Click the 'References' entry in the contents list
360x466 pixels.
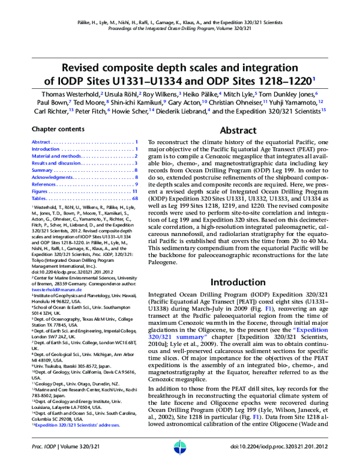click(x=44, y=184)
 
